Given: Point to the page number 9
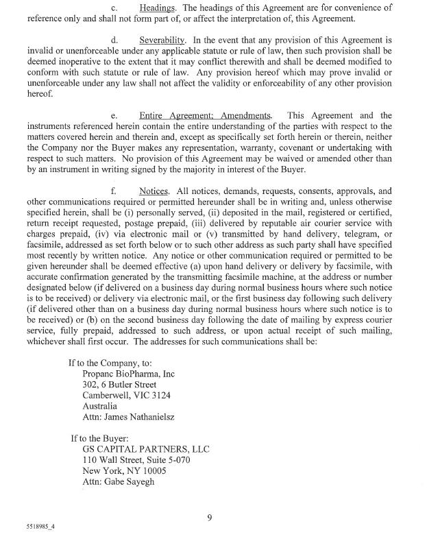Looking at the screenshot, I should point(210,518).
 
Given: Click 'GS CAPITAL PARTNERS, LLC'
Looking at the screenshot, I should point(145,449).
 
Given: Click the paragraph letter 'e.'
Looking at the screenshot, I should point(114,116).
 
